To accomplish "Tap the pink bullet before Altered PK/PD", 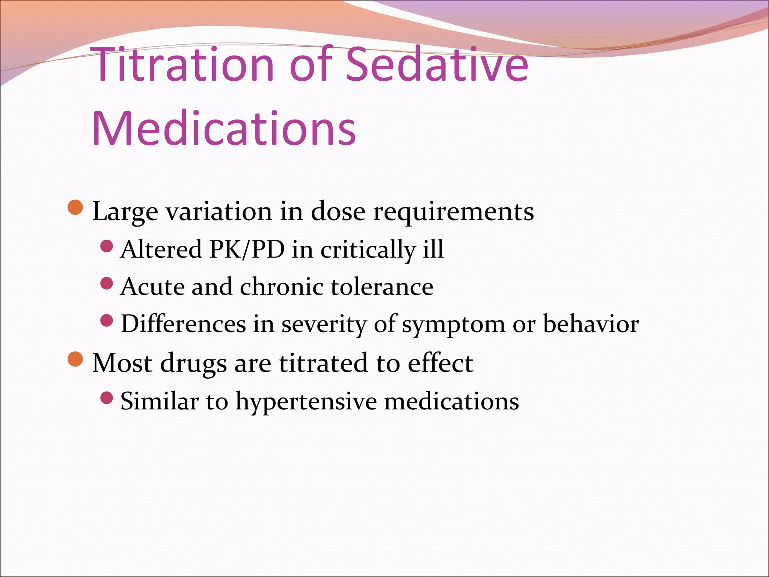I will click(107, 246).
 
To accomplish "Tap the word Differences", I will click(183, 324).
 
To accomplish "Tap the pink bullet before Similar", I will click(107, 397).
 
